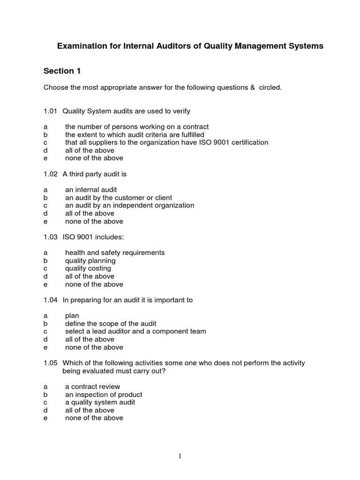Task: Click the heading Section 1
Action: tap(62, 71)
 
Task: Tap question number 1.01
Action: tap(50, 111)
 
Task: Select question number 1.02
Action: tap(50, 174)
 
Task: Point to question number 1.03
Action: tap(50, 237)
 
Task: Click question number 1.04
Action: tap(50, 300)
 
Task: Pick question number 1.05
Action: tap(50, 363)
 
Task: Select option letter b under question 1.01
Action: tap(45, 135)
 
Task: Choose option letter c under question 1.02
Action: tap(45, 205)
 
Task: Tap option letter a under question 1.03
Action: tap(45, 253)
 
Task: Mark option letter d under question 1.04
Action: tap(45, 339)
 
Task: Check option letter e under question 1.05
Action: tap(45, 418)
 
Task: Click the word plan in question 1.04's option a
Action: tap(72, 316)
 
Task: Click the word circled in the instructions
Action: tap(269, 88)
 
